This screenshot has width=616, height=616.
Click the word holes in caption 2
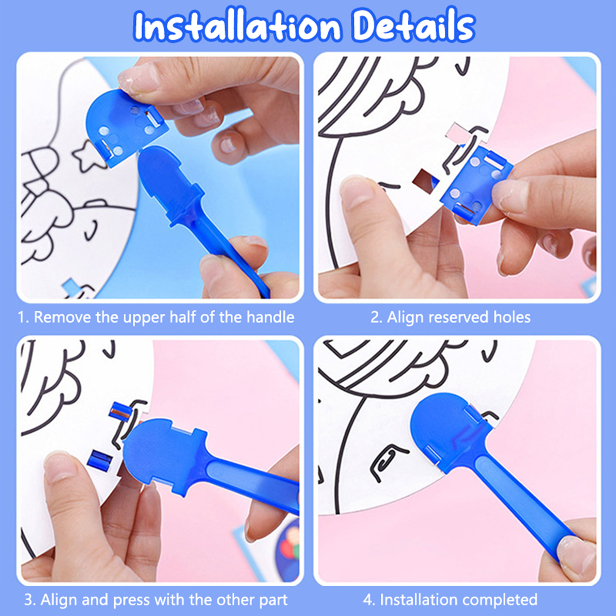tap(512, 317)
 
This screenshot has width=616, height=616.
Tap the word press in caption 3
tap(131, 600)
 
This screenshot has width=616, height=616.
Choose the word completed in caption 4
tap(496, 600)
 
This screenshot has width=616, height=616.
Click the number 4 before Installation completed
tap(368, 600)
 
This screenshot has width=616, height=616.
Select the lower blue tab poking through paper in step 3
tap(100, 459)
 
